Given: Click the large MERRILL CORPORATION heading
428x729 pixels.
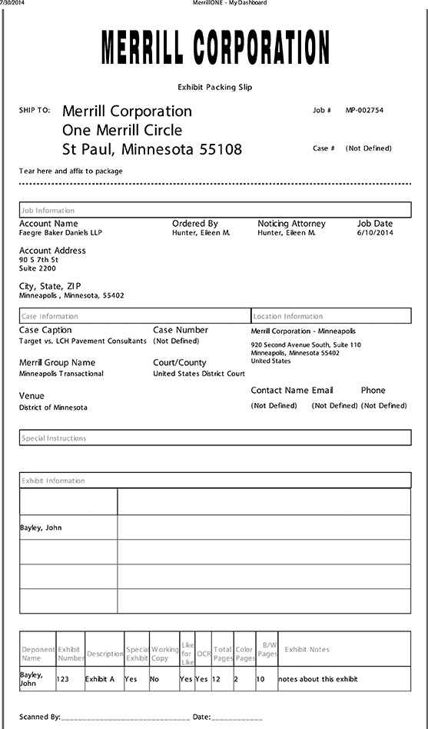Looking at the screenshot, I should click(x=215, y=48).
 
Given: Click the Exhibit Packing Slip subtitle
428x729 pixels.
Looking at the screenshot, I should click(x=215, y=88).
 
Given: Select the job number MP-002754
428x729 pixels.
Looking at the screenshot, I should click(x=364, y=110).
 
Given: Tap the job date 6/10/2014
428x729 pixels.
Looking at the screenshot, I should click(x=375, y=233).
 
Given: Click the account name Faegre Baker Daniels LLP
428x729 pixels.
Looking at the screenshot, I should click(x=60, y=233).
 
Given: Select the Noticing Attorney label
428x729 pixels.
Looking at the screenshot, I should click(x=291, y=224).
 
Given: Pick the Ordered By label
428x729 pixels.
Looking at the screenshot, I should click(x=194, y=224).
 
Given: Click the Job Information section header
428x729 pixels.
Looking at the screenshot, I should click(x=48, y=210).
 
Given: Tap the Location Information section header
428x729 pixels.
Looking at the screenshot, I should click(x=288, y=316).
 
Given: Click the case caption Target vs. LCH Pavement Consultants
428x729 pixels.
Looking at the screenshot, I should click(x=82, y=341).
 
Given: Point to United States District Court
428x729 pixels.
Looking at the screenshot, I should click(x=199, y=374).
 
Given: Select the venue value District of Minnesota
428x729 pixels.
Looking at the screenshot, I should click(x=53, y=408).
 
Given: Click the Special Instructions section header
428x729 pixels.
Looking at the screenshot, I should click(x=54, y=438).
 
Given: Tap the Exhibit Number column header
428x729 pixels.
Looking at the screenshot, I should click(x=70, y=654).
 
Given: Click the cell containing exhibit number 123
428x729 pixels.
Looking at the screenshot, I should click(x=70, y=679).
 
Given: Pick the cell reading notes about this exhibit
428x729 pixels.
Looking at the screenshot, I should click(x=317, y=679).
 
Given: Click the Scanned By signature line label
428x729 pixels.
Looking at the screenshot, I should click(x=40, y=717).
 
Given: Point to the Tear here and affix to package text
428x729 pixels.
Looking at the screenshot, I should click(x=71, y=171).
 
